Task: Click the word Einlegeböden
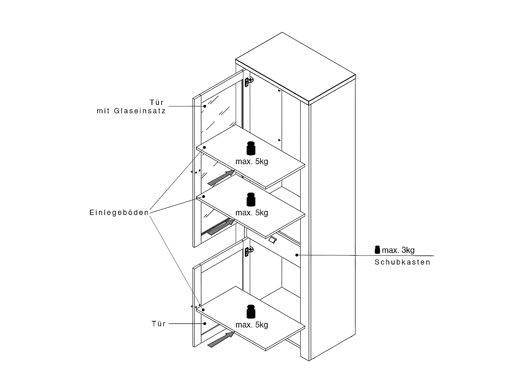point(119,213)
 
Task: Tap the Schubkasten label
point(402,262)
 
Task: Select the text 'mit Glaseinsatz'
point(131,111)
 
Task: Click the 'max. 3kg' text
point(398,250)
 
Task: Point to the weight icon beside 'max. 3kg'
point(377,249)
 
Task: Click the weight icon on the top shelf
point(251,148)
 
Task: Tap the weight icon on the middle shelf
point(251,199)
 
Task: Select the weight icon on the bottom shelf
point(251,312)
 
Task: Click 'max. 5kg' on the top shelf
point(252,161)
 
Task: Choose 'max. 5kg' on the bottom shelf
point(252,325)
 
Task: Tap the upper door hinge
point(248,82)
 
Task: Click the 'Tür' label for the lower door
point(159,324)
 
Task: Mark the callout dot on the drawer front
point(297,255)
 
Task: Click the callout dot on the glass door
point(205,106)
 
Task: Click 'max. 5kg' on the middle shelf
point(252,213)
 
